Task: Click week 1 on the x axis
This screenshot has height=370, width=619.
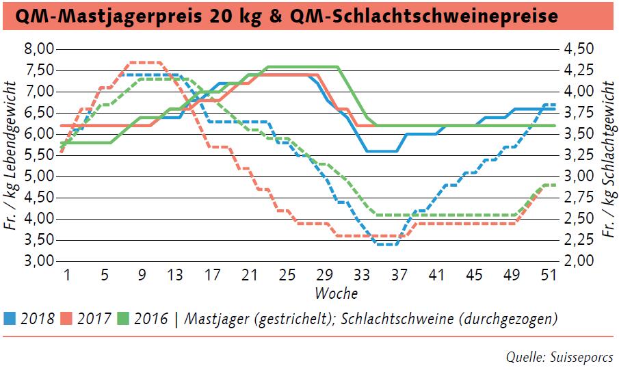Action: pos(67,275)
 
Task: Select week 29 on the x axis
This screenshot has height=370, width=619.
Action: pos(325,275)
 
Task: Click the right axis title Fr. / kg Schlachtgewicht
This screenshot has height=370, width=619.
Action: pos(607,155)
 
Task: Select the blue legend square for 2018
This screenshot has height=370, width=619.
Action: pos(9,319)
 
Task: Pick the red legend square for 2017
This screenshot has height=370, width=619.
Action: pos(66,319)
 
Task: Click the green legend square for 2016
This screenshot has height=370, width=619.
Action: pos(123,319)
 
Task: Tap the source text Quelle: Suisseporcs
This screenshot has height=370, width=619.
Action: pos(559,356)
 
